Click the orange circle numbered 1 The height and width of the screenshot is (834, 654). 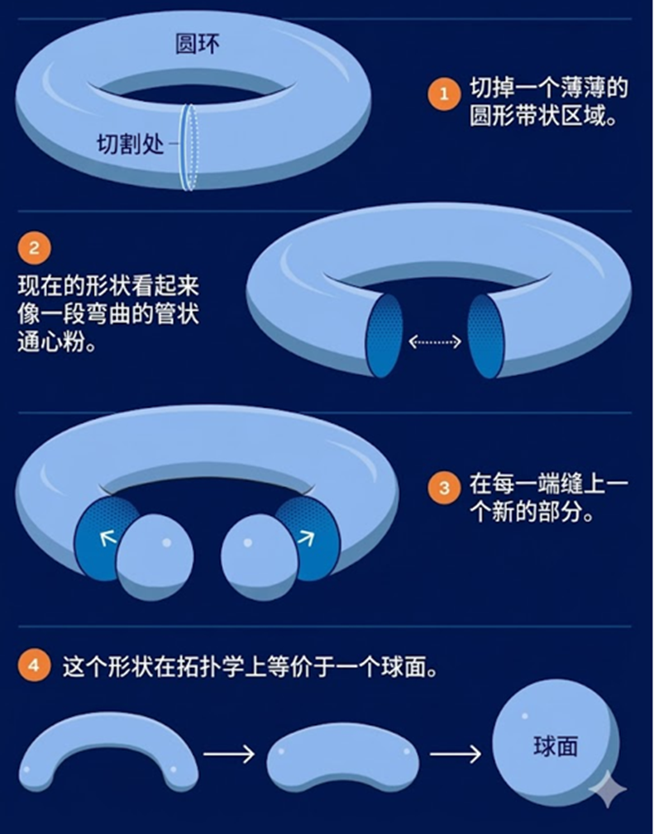tap(444, 94)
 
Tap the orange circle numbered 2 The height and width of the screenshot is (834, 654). tap(34, 248)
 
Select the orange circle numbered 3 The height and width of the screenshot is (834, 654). tap(444, 487)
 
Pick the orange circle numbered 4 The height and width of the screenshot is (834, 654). tap(34, 665)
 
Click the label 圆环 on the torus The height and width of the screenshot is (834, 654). tap(198, 44)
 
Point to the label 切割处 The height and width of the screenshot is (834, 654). tap(131, 144)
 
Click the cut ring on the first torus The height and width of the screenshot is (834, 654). tap(189, 147)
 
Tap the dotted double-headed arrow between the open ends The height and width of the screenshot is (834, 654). tap(435, 341)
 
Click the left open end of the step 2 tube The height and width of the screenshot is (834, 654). tap(384, 336)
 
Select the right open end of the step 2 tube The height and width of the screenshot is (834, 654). tap(485, 336)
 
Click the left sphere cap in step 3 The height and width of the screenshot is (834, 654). tap(155, 556)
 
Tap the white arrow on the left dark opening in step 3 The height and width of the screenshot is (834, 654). tap(108, 538)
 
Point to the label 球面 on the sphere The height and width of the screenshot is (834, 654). tap(556, 746)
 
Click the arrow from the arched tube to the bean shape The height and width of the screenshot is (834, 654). tap(229, 754)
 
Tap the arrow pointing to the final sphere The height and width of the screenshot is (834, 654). tap(456, 754)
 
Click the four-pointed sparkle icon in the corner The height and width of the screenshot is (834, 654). tap(608, 790)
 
